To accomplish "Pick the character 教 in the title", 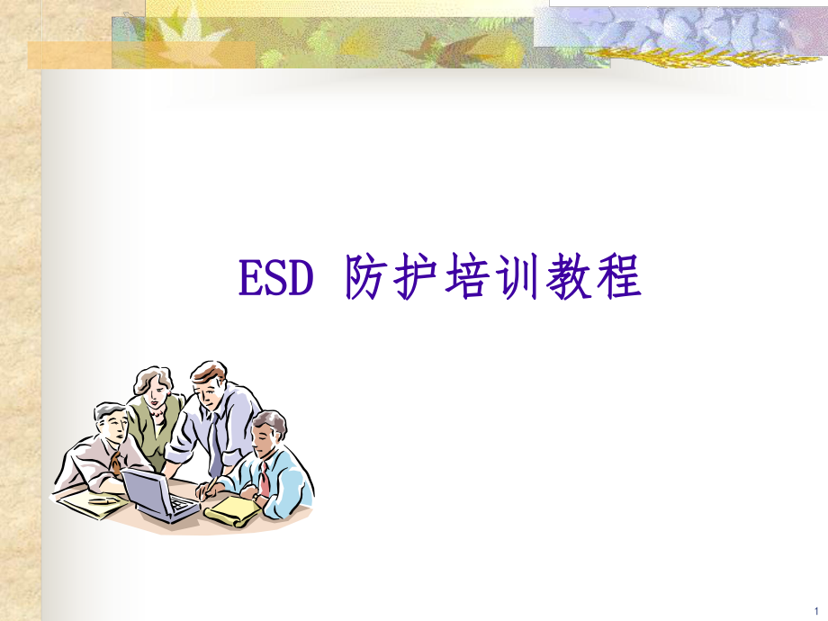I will pos(585,278).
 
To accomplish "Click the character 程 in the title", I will pos(621,278).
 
